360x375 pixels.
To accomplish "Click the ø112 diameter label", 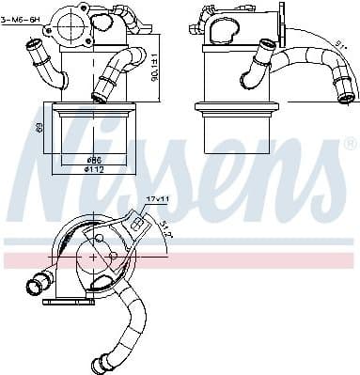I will [x=93, y=169].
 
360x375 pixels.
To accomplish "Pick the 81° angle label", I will [x=339, y=42].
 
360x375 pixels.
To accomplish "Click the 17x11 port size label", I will [x=156, y=200].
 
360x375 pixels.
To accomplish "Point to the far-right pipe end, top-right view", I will [x=347, y=94].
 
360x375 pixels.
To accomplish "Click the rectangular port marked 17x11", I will [x=137, y=223].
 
